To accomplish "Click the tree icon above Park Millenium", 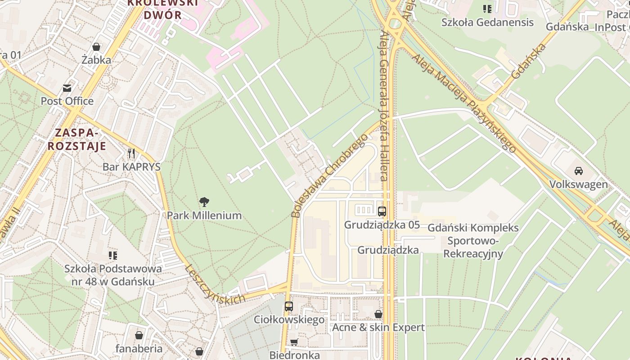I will coord(204,202).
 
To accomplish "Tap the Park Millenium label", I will coord(204,216).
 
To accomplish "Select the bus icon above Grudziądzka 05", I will coord(382,211).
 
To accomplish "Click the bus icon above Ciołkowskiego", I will coord(289,306).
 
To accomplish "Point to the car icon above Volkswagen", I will coord(578,171).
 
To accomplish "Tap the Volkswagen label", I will coord(578,184).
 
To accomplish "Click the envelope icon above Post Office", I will coord(67,88).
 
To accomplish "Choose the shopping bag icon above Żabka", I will coord(96,46).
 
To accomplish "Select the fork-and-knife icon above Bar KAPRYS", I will coord(131,153).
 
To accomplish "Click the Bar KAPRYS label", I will coord(131,167).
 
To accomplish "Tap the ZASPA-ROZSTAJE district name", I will coord(77,139).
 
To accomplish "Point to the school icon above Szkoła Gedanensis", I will coord(487,9).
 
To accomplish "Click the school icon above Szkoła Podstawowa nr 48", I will coord(113,256).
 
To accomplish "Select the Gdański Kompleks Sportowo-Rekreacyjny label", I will coord(473,241).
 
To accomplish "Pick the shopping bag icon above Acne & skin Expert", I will coord(378,314).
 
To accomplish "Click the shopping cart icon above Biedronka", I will coord(294,342).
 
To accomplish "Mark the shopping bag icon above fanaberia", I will coord(139,335).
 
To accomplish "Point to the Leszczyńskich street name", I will coord(215,284).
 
